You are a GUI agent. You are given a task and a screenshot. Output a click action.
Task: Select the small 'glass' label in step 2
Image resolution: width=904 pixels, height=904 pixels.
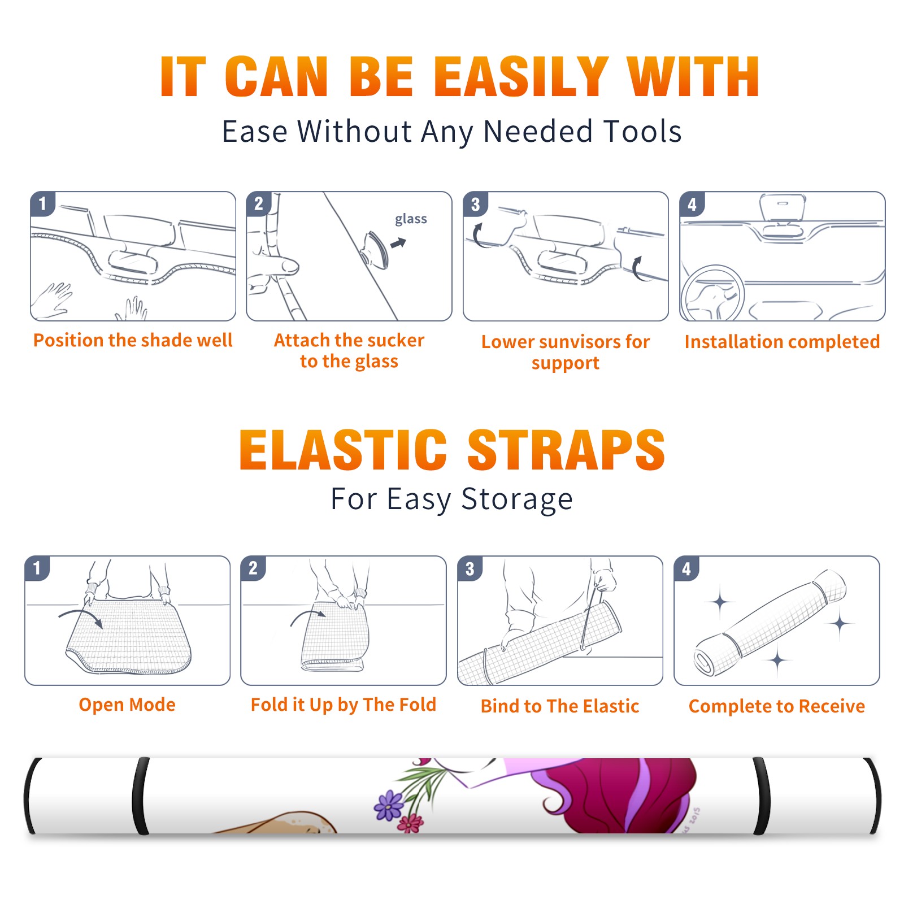click(x=411, y=219)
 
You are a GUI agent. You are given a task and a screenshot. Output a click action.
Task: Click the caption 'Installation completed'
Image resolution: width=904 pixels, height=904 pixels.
click(x=782, y=341)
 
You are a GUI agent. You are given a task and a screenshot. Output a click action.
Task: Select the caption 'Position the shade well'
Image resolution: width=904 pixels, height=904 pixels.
click(x=133, y=340)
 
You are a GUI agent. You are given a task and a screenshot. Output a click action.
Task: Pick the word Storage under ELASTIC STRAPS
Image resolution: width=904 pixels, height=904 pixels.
click(x=517, y=499)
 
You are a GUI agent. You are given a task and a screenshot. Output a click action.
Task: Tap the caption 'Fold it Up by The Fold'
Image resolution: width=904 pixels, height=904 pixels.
click(x=344, y=705)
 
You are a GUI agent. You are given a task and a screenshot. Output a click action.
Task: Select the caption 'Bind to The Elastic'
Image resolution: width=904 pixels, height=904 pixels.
click(x=560, y=706)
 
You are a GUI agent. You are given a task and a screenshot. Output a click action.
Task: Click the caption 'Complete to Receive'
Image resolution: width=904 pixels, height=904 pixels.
click(x=777, y=706)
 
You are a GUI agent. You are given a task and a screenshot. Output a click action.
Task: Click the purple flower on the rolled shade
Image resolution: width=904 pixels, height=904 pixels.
click(x=389, y=805)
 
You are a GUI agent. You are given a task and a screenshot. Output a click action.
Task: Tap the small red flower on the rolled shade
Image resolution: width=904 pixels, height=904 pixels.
click(x=411, y=823)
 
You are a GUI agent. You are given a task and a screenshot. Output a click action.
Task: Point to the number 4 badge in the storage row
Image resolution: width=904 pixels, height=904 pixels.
click(x=686, y=568)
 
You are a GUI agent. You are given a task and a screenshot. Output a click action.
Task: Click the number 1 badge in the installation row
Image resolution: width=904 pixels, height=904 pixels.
click(x=42, y=203)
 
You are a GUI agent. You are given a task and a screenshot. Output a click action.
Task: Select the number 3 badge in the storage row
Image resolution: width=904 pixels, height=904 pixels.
click(x=470, y=568)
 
